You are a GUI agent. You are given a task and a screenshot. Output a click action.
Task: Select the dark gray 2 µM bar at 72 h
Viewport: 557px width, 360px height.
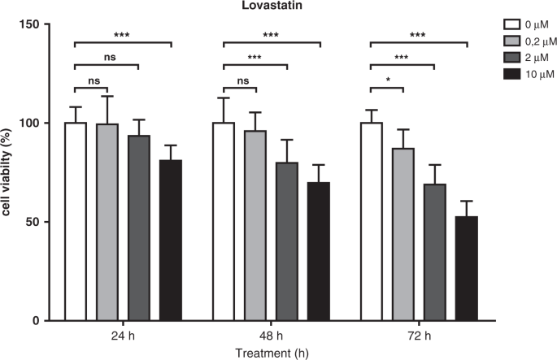tap(434, 252)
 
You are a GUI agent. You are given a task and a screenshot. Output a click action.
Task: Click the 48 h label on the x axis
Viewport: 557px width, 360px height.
tap(271, 336)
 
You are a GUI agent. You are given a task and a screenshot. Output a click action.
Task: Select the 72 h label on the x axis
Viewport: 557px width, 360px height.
tap(418, 336)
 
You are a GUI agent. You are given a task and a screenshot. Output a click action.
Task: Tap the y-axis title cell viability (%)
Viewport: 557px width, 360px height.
tap(11, 172)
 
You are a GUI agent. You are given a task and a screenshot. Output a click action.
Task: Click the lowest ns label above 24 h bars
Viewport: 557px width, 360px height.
tap(91, 80)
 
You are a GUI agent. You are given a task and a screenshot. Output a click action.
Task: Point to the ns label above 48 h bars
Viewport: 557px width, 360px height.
tap(239, 80)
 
